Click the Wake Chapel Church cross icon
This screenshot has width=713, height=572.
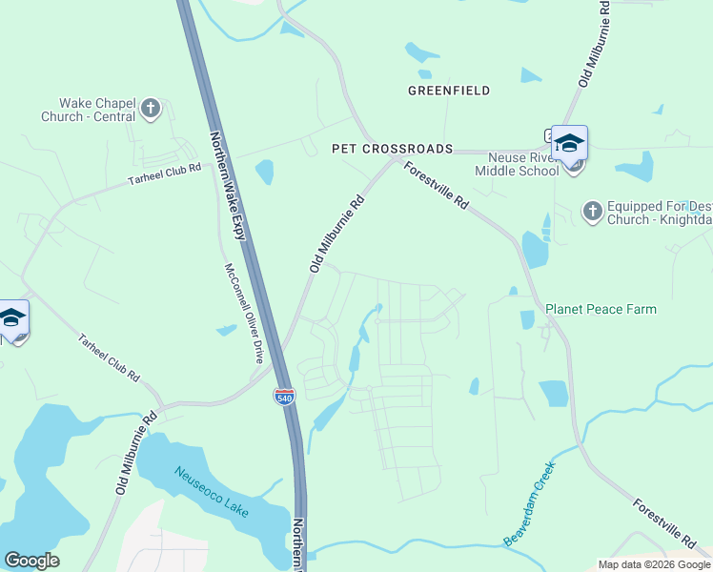point(150,109)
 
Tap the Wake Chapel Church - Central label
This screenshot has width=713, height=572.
point(98,110)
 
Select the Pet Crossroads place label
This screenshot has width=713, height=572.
point(392,149)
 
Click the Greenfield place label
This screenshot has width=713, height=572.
point(449,91)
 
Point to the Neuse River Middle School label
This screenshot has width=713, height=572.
point(522,164)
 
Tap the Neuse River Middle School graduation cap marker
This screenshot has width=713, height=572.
point(569,143)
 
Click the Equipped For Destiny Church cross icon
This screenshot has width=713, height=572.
point(592,212)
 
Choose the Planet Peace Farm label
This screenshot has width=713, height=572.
point(601,309)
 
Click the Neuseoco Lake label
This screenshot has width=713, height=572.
point(212,491)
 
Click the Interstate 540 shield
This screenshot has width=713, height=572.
point(284,397)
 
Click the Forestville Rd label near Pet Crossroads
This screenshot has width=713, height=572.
point(436,186)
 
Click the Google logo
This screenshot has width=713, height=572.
point(31,561)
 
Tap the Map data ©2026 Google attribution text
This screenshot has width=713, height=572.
point(654,563)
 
